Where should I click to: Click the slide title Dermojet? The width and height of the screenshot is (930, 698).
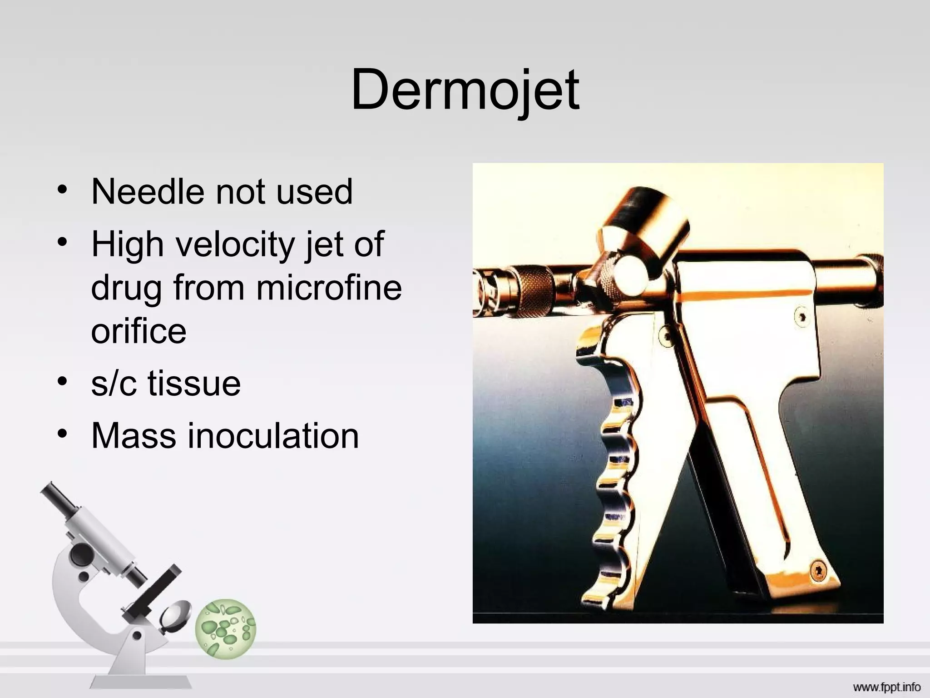tap(465, 90)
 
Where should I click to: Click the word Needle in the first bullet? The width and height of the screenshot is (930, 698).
tap(148, 191)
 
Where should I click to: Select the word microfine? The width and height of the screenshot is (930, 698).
tap(329, 288)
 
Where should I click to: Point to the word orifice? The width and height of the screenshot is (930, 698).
tap(139, 331)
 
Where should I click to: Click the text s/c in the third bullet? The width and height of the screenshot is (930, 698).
tap(114, 383)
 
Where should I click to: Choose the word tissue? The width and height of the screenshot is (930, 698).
tap(194, 383)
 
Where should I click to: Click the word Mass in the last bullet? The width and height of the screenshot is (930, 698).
tap(134, 436)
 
